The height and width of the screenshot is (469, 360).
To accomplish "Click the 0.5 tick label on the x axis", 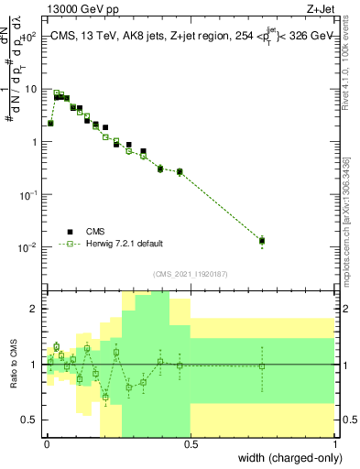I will tap(191, 442).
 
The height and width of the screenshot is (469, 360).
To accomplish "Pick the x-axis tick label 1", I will tap(335, 442).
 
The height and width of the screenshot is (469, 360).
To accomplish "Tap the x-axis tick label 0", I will tap(47, 442).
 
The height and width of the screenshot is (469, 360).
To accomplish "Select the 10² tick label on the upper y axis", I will tap(31, 37).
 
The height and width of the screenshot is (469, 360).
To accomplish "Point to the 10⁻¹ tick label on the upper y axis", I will tap(30, 195).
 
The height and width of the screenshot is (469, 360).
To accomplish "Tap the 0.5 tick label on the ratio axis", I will tap(33, 420).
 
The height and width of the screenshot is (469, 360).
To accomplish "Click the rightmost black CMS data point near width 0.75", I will tap(262, 241).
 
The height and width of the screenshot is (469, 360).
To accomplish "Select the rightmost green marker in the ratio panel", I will tap(262, 366).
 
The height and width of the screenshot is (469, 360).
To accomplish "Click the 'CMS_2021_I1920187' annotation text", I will tap(190, 274).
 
